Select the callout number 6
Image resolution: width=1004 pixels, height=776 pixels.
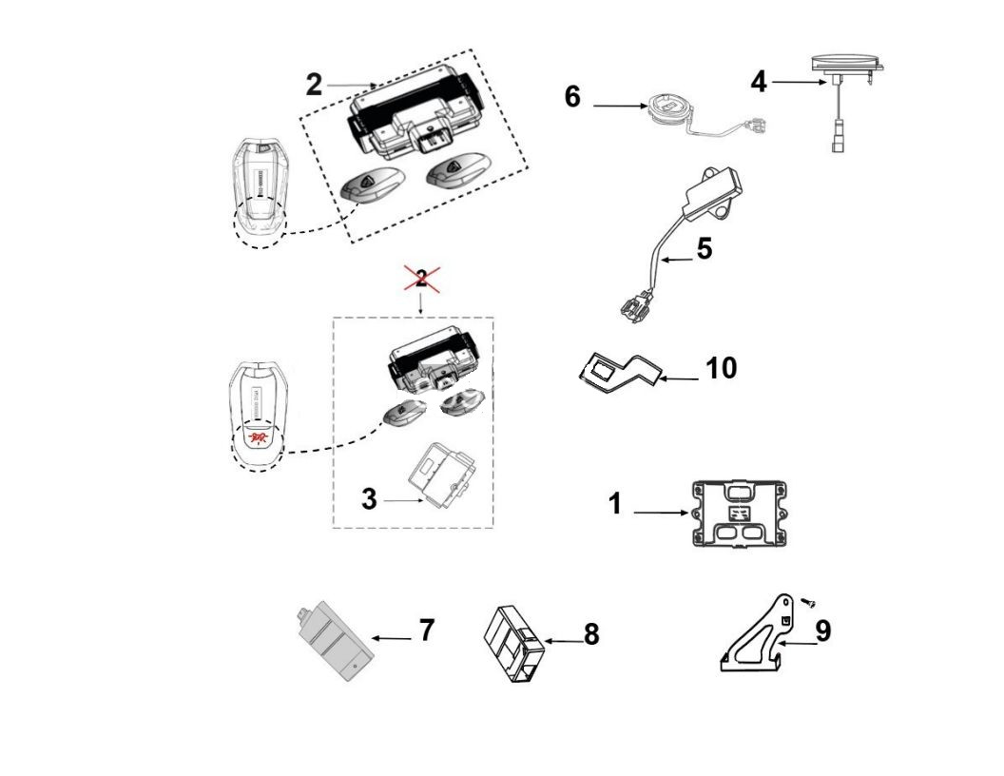572,96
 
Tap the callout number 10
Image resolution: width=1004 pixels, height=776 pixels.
722,367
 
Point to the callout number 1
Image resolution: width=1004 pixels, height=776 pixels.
615,503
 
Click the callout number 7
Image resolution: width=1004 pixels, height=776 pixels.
427,629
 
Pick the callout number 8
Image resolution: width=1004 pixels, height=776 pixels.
591,634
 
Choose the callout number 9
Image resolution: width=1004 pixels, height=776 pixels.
823,630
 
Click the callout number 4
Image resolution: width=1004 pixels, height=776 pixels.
758,82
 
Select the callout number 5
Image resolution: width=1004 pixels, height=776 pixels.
704,248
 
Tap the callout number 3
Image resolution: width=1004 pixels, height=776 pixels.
369,498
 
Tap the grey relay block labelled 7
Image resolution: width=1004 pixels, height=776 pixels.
332,642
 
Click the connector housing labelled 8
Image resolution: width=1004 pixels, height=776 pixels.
515,644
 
